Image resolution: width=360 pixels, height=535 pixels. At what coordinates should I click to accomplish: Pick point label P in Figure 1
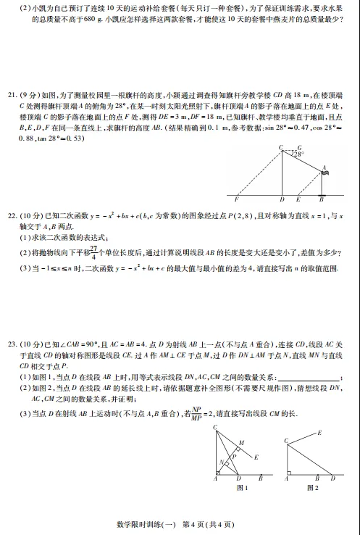235,457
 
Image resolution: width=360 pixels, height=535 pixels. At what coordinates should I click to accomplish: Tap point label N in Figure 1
221,462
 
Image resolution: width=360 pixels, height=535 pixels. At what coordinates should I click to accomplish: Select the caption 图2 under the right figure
313,488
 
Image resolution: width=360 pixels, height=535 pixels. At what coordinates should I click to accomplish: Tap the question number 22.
11,216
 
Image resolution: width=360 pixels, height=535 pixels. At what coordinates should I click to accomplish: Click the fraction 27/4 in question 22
93,252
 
